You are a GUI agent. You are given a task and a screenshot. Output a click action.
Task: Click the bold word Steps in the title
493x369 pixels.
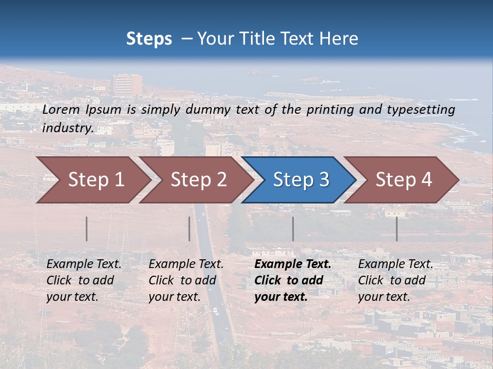(149, 39)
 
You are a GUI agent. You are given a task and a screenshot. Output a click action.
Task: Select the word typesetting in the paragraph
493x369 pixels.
(421, 110)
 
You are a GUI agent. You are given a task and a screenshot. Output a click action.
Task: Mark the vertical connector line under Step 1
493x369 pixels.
(87, 229)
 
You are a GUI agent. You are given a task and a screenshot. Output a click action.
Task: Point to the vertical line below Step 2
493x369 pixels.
(189, 229)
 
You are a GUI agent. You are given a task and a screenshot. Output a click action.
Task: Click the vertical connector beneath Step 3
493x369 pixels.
(293, 229)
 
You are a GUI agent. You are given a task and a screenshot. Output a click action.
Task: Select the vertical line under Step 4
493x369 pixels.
(396, 229)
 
